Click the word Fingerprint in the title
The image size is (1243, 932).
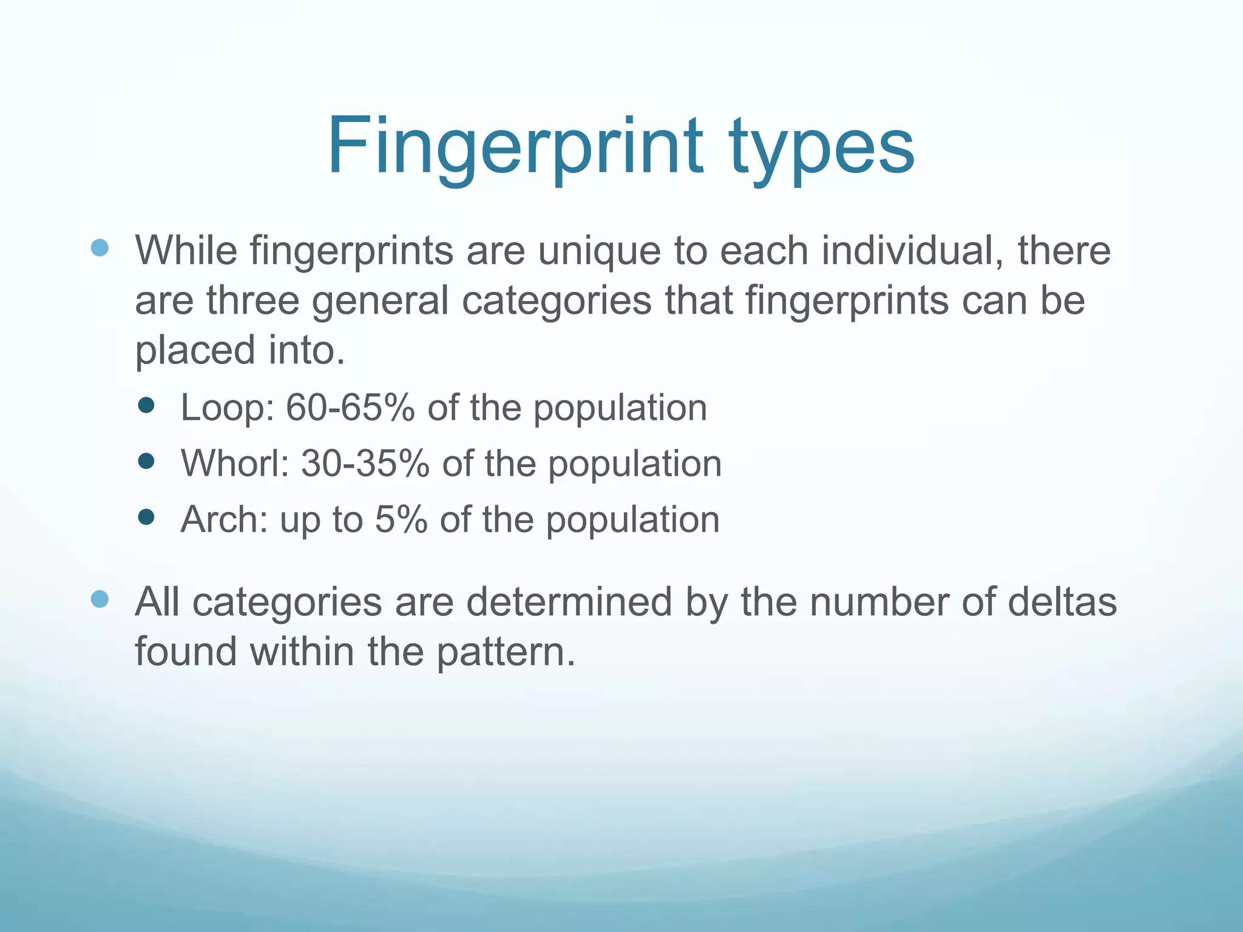(x=515, y=147)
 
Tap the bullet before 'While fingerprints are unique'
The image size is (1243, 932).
(x=100, y=247)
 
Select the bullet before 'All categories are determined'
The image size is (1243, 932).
(x=100, y=599)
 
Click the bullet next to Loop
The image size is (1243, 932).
(x=146, y=405)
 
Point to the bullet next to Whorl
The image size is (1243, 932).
(x=146, y=462)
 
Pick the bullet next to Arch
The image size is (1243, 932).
(x=146, y=517)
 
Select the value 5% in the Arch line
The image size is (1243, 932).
(x=401, y=519)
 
